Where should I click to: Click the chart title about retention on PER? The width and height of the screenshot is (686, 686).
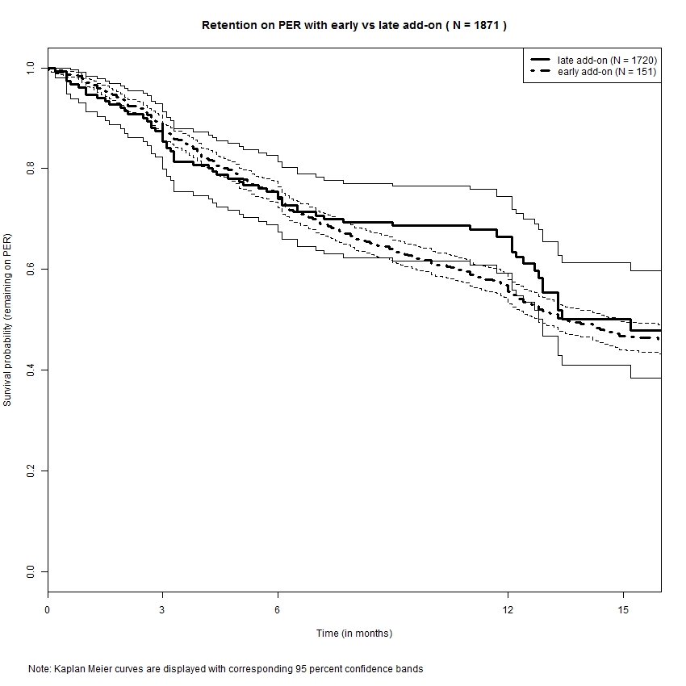(353, 26)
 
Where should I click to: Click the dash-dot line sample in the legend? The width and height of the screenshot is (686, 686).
(540, 72)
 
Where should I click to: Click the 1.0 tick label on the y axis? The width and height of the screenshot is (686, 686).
(30, 68)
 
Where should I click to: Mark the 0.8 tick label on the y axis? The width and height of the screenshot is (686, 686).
(30, 169)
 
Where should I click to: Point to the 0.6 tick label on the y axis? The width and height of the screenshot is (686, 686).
(30, 269)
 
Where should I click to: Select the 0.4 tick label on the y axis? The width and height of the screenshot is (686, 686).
(30, 370)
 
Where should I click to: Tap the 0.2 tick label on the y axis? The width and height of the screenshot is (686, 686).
(30, 471)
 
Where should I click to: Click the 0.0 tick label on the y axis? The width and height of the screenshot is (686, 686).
(30, 571)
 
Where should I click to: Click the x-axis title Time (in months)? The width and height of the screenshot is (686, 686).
(353, 634)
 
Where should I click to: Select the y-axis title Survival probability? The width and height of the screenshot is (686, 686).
(8, 320)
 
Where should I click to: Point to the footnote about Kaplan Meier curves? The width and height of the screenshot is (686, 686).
(225, 669)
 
